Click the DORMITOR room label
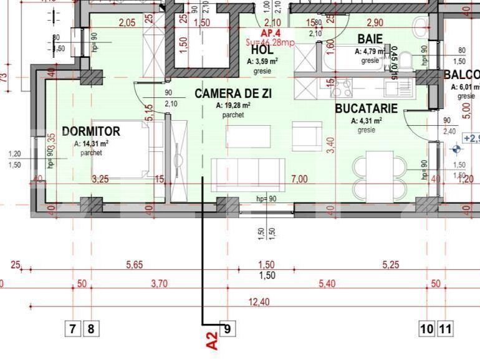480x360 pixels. (91, 131)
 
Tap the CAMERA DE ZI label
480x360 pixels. (233, 94)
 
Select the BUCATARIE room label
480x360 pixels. (366, 108)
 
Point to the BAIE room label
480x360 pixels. (370, 39)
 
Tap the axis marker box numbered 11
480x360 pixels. (445, 328)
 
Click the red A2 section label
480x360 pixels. (212, 341)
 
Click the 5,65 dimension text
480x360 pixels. (134, 265)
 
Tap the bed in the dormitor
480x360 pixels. (120, 149)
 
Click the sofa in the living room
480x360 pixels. (248, 174)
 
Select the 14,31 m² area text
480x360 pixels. (92, 143)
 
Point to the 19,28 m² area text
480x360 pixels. (233, 106)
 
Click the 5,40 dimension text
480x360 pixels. (327, 283)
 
